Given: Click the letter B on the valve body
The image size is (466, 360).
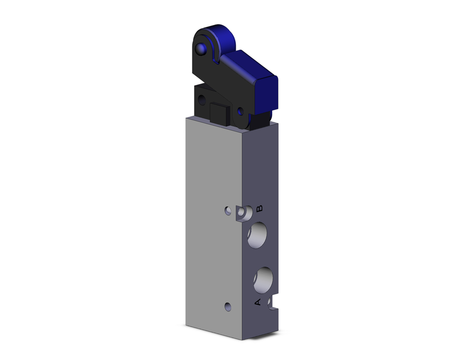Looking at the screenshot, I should pyautogui.click(x=260, y=208).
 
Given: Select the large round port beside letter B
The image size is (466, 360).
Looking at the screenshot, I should pyautogui.click(x=257, y=235).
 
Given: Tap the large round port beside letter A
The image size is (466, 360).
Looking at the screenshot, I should pyautogui.click(x=263, y=278).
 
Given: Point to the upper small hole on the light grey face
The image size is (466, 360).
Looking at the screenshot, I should pyautogui.click(x=227, y=211).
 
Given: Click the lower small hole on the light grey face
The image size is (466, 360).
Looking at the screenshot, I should pyautogui.click(x=227, y=306).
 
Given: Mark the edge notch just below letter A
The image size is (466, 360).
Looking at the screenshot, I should pyautogui.click(x=270, y=304).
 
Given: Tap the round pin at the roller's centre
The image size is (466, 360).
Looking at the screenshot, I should pyautogui.click(x=201, y=48).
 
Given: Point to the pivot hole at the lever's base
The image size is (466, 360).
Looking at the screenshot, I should pyautogui.click(x=240, y=111).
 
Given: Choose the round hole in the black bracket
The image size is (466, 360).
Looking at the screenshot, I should pyautogui.click(x=201, y=99).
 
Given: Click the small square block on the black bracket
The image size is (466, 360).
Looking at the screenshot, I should pyautogui.click(x=219, y=113).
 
